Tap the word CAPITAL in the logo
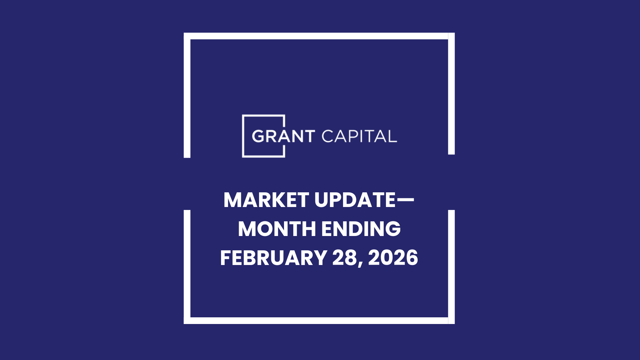359,136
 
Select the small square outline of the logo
243,136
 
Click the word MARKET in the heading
266,200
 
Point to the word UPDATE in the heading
355,200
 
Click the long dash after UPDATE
405,200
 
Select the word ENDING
361,229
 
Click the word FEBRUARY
273,258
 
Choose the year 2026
393,258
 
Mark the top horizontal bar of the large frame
319,36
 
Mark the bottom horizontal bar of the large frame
319,320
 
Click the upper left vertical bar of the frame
187,97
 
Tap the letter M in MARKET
232,200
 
